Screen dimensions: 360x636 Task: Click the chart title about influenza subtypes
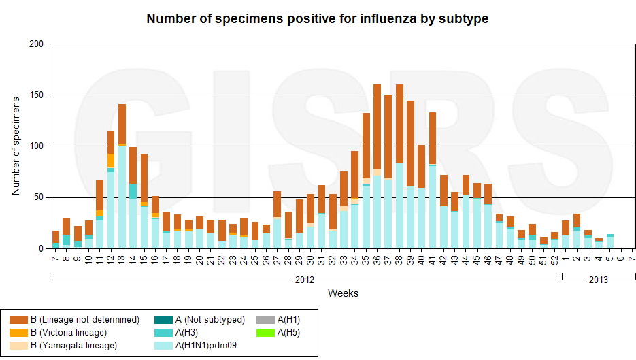(x=318, y=19)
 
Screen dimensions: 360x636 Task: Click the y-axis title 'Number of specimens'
(x=16, y=146)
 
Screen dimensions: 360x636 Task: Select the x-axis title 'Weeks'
(x=343, y=293)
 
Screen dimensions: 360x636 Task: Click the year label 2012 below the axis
(x=304, y=280)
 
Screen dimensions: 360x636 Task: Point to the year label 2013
(x=599, y=280)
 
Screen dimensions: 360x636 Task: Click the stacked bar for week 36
(x=377, y=166)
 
